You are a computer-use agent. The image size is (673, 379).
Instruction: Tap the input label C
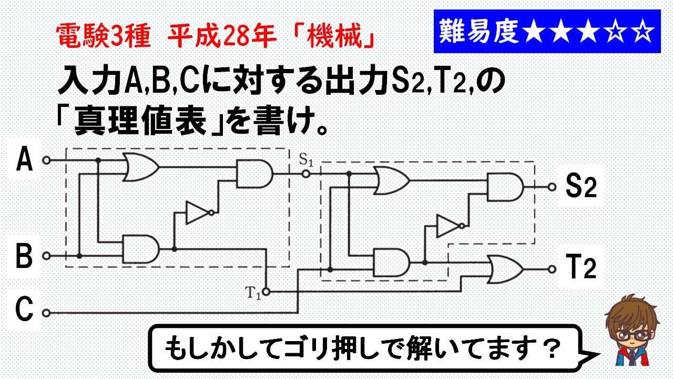(24, 310)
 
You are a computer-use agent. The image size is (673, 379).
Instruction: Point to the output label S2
(580, 186)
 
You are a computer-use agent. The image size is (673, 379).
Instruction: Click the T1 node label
(252, 291)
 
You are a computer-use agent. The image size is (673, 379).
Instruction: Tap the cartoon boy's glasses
(634, 335)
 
